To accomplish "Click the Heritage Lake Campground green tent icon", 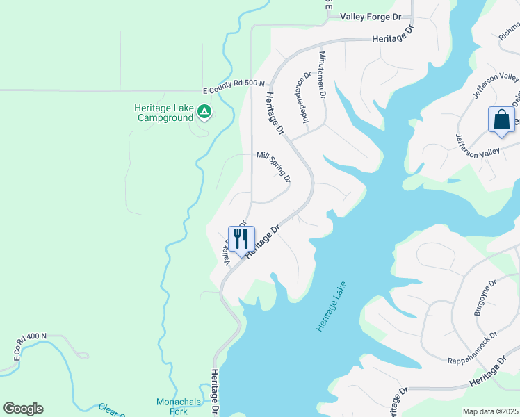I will pos(204,111).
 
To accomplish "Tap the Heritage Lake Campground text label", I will pos(164,113).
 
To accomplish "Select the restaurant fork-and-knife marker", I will pos(241,239).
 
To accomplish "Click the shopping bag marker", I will pos(501,120).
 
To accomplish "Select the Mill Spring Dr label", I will pos(274,167).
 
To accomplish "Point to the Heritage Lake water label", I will pos(330,306).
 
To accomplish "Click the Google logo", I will pos(23,409).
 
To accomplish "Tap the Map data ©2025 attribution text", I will pos(491,411).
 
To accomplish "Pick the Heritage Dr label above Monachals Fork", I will pos(216,393).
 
